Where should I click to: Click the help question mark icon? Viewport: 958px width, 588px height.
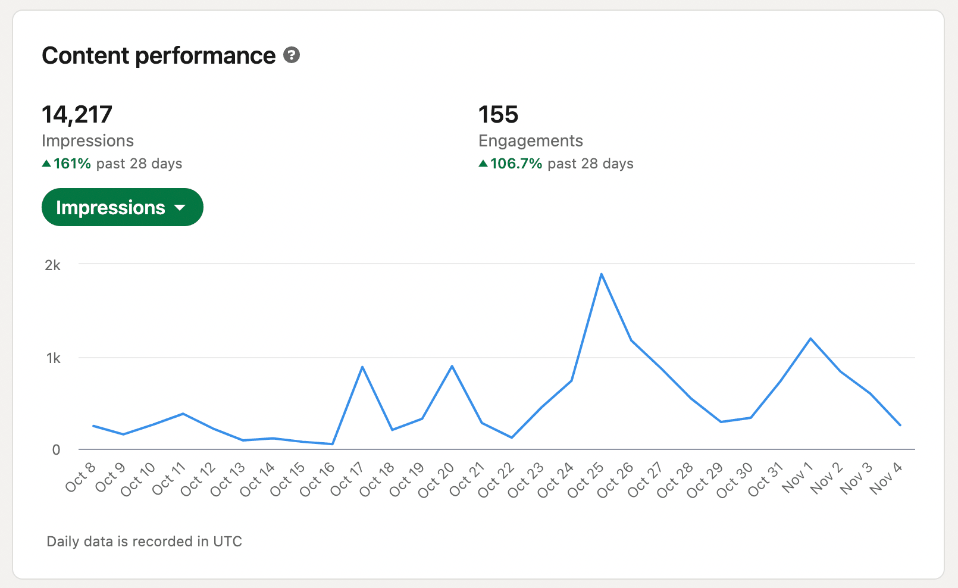click(292, 55)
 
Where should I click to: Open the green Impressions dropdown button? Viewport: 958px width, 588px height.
click(122, 207)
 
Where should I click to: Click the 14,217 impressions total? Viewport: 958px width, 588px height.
click(77, 114)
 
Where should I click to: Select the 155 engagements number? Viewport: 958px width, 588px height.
click(498, 114)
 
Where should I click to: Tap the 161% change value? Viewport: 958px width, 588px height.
click(72, 164)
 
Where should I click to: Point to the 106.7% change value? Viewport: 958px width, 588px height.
click(516, 164)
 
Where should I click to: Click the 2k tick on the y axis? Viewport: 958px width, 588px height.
click(53, 265)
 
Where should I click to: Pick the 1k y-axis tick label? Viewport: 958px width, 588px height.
click(54, 358)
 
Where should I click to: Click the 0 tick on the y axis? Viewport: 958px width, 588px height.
click(56, 450)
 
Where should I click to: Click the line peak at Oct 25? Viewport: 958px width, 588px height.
click(602, 274)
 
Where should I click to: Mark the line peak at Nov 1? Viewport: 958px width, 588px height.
click(810, 339)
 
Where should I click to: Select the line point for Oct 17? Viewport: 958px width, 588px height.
click(362, 367)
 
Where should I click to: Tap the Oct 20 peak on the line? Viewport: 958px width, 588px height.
click(452, 366)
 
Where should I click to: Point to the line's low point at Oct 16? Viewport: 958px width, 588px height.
click(333, 444)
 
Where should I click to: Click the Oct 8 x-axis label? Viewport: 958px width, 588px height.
click(81, 477)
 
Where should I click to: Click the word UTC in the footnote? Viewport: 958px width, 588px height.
click(228, 542)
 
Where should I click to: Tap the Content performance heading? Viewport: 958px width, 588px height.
click(159, 56)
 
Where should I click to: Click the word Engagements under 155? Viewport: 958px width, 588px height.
click(530, 141)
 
